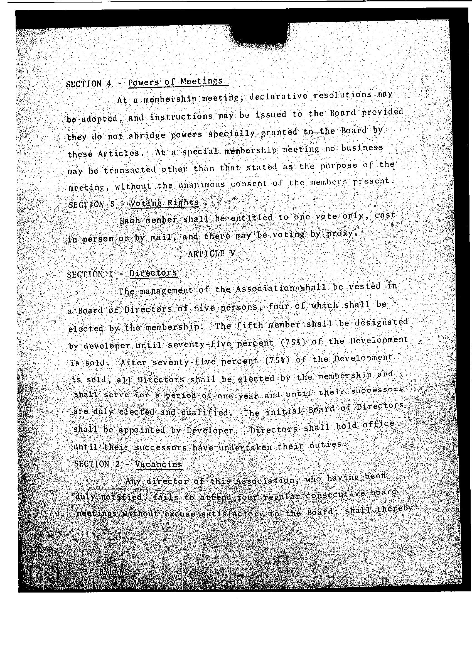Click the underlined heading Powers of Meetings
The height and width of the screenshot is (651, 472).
[x=175, y=82]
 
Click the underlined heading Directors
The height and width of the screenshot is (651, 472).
[x=153, y=273]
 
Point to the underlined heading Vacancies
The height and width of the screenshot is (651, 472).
[x=158, y=464]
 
